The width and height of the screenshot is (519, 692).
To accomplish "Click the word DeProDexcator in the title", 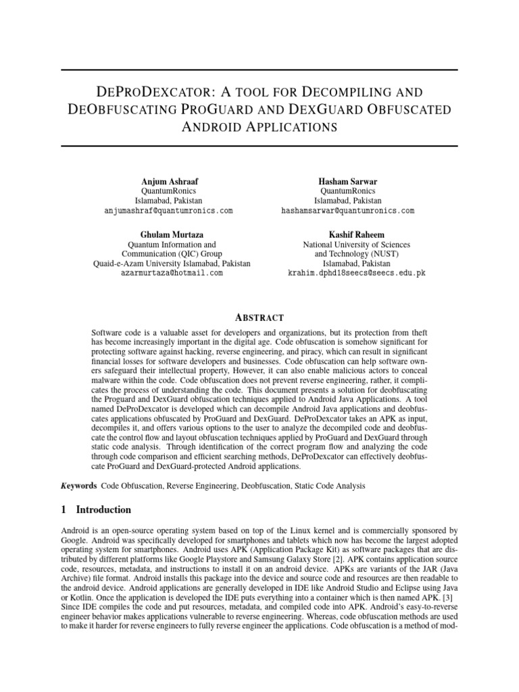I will (143, 91).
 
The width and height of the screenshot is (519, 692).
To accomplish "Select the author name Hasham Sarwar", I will (347, 181).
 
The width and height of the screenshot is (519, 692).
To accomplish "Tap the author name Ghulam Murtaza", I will (172, 234).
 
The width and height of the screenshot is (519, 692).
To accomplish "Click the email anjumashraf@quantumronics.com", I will (168, 211).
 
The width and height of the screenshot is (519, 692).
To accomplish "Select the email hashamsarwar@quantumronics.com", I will (347, 211).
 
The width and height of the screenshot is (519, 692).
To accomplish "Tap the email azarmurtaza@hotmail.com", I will (172, 273).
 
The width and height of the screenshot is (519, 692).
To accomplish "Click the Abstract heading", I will (259, 318).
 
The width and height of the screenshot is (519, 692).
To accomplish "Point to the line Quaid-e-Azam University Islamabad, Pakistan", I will (172, 264).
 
